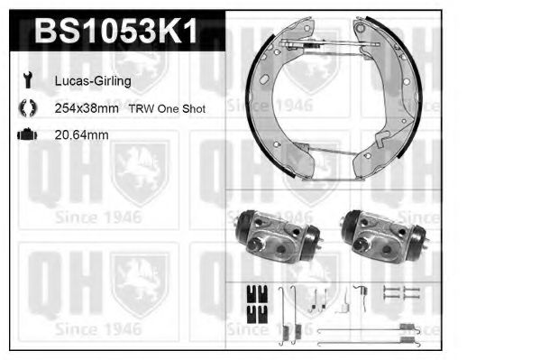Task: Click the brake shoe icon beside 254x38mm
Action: (x=25, y=108)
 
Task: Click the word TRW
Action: (x=140, y=108)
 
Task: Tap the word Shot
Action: (x=193, y=108)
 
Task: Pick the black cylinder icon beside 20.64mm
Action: (x=26, y=135)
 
